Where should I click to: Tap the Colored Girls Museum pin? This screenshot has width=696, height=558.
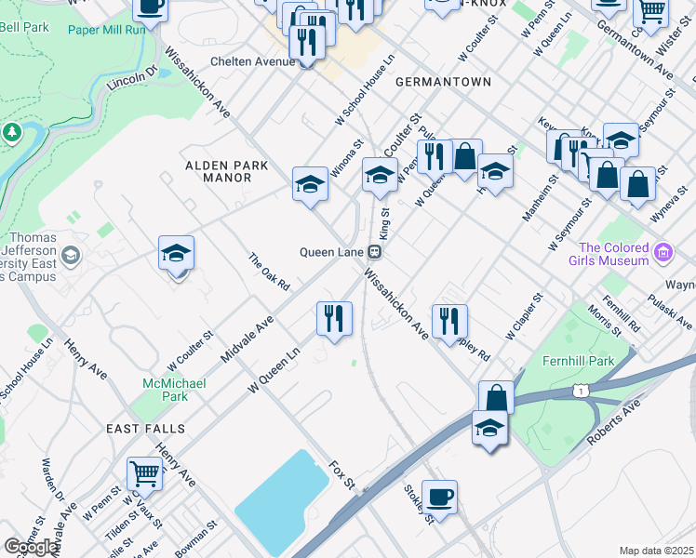[663, 252]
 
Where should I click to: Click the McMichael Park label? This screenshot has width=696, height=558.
[167, 390]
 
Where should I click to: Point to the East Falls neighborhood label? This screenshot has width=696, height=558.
[145, 429]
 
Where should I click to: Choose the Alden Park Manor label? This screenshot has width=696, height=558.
[227, 171]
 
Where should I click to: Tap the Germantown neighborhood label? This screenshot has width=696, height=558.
[443, 82]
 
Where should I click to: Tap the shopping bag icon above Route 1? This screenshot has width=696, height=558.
[497, 397]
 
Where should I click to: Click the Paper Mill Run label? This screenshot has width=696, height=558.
[107, 29]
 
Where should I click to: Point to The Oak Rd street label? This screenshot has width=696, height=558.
[270, 271]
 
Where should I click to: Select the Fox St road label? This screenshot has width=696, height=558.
[342, 473]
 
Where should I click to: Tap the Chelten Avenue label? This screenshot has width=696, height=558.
[252, 61]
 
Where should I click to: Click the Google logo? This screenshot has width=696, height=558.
[32, 547]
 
